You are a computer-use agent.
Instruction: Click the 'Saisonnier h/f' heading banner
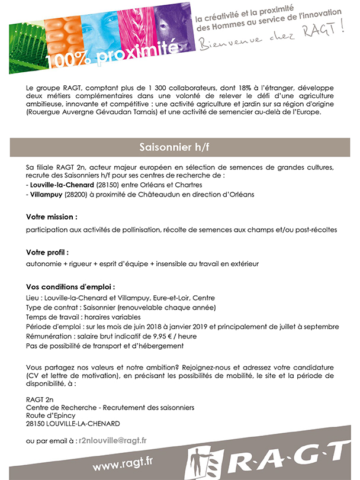click(179, 147)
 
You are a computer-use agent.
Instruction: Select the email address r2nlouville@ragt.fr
click(112, 440)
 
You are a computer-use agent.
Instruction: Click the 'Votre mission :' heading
click(52, 217)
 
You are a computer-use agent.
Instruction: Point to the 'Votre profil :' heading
click(47, 252)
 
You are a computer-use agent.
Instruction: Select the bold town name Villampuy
click(47, 194)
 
